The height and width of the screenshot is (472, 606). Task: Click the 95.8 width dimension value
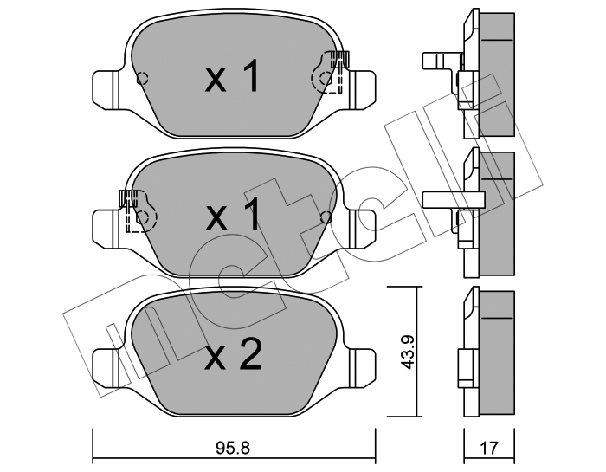tap(234, 448)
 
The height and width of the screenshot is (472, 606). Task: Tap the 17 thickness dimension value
tap(489, 448)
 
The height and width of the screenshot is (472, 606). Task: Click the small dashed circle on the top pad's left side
tap(142, 79)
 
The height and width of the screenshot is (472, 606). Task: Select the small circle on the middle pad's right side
tap(326, 218)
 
